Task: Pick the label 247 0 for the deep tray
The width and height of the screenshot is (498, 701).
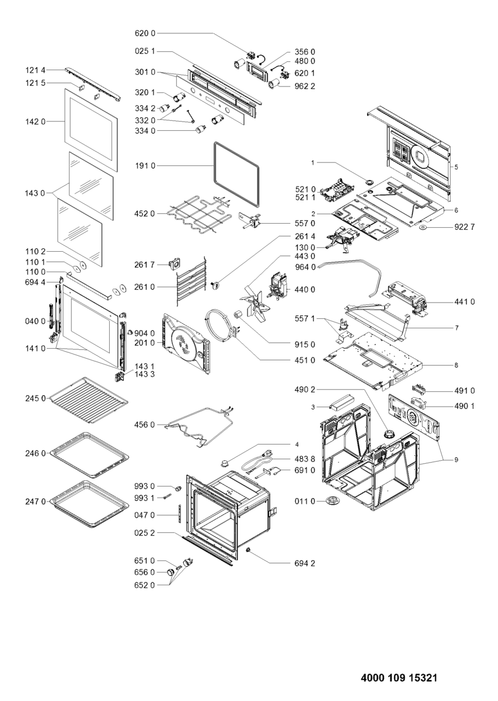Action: (36, 501)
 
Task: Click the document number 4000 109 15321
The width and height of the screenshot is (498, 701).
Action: (399, 678)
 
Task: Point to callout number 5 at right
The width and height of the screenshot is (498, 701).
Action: (457, 167)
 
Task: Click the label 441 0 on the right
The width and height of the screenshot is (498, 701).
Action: (464, 301)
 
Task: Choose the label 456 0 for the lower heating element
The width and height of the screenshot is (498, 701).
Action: (145, 425)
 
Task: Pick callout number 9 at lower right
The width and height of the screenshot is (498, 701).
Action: (457, 459)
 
